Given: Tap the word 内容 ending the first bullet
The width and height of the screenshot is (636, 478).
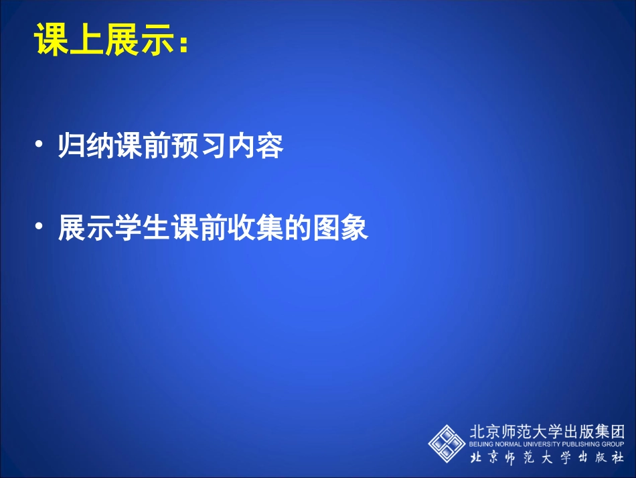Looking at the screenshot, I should (260, 146).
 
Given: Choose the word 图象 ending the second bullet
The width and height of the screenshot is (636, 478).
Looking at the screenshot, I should (341, 229).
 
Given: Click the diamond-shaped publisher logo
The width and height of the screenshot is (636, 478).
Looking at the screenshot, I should (447, 442).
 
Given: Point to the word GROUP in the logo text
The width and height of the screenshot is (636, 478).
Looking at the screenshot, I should (617, 444).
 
